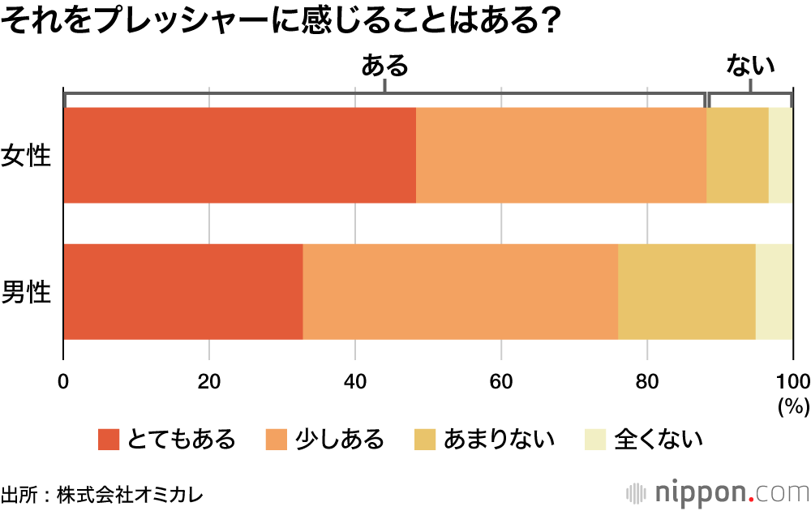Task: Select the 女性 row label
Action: tap(27, 156)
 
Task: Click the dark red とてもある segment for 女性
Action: tap(239, 155)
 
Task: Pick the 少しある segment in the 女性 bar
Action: tap(561, 155)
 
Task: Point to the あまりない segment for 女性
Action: tap(737, 155)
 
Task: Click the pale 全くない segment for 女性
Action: tap(780, 155)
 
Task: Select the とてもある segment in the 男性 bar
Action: tap(182, 291)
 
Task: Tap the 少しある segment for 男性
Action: tap(460, 291)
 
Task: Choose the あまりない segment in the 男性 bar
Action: tap(686, 291)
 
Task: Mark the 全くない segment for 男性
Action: tap(774, 291)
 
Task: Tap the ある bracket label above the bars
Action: tap(384, 66)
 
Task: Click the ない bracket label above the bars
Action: tap(750, 66)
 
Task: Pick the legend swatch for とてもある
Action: tap(109, 440)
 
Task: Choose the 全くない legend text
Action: tap(658, 440)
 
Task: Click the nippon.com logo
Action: tap(717, 492)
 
